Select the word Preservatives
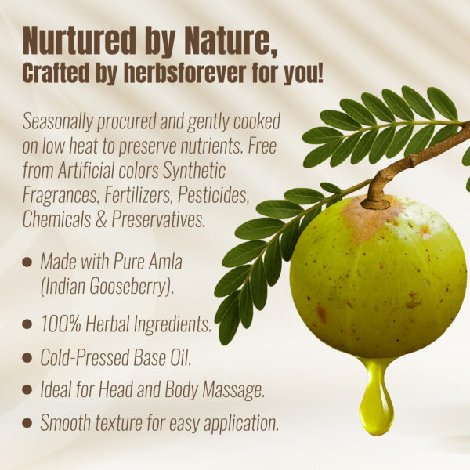161,220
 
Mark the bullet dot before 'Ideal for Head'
27,389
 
